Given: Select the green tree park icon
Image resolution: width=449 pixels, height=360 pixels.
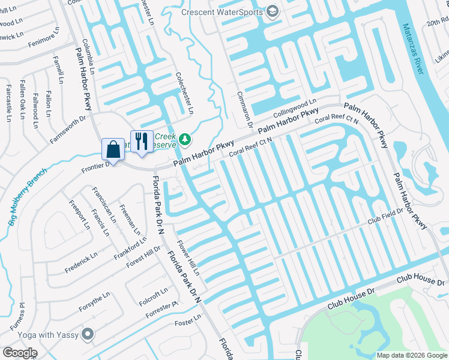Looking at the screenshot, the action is pyautogui.click(x=185, y=139).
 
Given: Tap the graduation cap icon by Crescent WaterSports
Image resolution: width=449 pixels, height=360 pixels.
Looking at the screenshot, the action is pyautogui.click(x=273, y=12).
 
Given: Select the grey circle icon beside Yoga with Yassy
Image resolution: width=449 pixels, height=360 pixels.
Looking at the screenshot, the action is pyautogui.click(x=89, y=333).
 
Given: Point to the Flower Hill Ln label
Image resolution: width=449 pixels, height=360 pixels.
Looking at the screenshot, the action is pyautogui.click(x=187, y=259).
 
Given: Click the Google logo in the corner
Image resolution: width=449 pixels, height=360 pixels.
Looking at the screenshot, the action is pyautogui.click(x=20, y=353).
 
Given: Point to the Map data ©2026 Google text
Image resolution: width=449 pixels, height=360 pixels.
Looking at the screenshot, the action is pyautogui.click(x=411, y=355).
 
